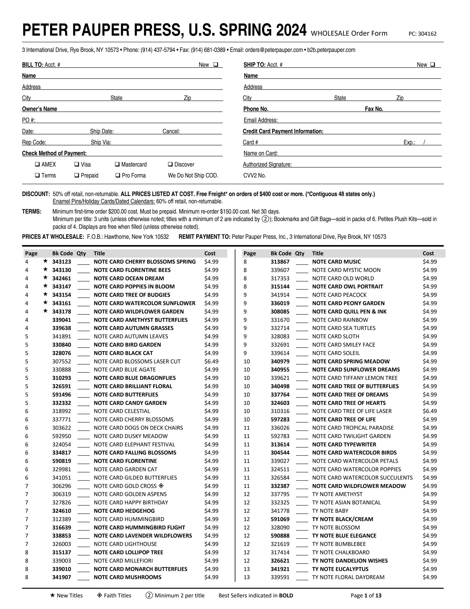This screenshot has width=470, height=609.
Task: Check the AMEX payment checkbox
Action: pyautogui.click(x=37, y=164)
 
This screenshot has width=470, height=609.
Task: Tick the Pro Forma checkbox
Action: pyautogui.click(x=117, y=175)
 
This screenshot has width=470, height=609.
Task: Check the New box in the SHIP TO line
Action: pyautogui.click(x=432, y=64)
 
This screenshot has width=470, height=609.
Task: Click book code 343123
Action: pyautogui.click(x=62, y=262)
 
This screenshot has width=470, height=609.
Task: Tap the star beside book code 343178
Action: pyautogui.click(x=45, y=311)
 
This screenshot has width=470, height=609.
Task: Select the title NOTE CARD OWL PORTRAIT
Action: pyautogui.click(x=347, y=286)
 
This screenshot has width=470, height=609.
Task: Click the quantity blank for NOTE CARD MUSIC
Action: pyautogui.click(x=302, y=262)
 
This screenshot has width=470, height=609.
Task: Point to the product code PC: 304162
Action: pyautogui.click(x=422, y=34)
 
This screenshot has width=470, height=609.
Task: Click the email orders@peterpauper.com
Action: pyautogui.click(x=274, y=50)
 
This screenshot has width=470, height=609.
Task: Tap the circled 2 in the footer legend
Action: pyautogui.click(x=149, y=595)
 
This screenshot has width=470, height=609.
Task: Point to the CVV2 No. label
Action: pyautogui.click(x=255, y=175)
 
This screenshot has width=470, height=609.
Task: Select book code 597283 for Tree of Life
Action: pyautogui.click(x=280, y=419)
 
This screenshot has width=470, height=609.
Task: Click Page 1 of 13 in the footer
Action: pyautogui.click(x=366, y=595)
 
